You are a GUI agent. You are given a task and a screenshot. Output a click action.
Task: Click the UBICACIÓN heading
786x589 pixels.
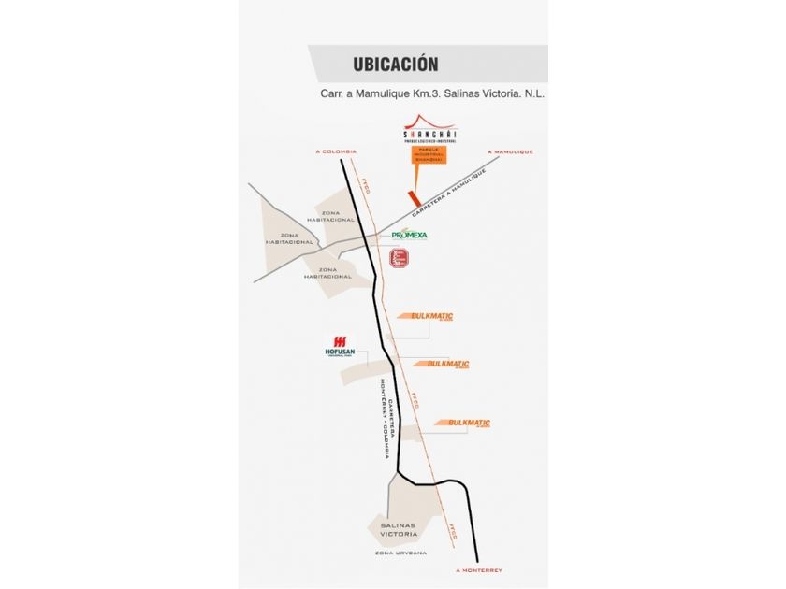pos(396,65)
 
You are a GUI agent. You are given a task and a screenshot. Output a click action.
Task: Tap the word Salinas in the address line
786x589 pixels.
pos(458,94)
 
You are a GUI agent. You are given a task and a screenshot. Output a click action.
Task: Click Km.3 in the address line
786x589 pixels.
pos(431,94)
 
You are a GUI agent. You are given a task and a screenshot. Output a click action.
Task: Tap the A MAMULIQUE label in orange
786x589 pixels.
pos(510,151)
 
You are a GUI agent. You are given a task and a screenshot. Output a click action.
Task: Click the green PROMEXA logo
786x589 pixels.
pos(409,235)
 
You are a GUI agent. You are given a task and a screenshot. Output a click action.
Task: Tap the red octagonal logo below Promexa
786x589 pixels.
pos(400,259)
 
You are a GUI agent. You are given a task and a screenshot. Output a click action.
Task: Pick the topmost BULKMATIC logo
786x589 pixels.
pos(431,317)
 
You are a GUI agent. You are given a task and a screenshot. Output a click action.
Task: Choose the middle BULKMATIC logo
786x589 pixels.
pos(447,364)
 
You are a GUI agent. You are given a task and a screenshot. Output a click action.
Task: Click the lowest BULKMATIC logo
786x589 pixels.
pos(469,424)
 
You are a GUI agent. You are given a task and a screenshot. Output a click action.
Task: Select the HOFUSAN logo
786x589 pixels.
pos(340,345)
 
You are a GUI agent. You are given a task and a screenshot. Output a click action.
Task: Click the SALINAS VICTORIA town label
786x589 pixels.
pos(404,530)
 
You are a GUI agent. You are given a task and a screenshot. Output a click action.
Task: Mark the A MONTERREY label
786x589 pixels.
pos(478,570)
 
